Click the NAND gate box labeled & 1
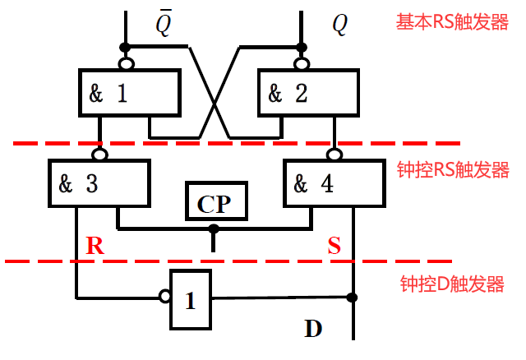click(129, 92)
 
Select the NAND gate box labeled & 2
click(308, 92)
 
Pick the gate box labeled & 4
click(334, 182)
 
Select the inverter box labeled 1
click(190, 299)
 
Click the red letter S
click(335, 245)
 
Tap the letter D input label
click(313, 330)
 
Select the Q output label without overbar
click(339, 25)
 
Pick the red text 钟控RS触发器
click(453, 170)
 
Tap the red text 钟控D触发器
click(451, 284)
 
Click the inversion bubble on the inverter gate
click(164, 297)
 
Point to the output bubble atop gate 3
click(99, 154)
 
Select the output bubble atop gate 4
click(334, 154)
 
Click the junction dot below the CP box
click(214, 228)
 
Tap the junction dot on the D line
click(353, 297)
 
